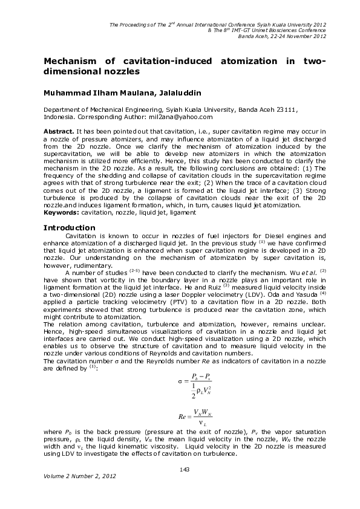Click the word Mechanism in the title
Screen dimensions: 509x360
coord(70,61)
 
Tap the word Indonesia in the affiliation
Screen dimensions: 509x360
coord(59,117)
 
